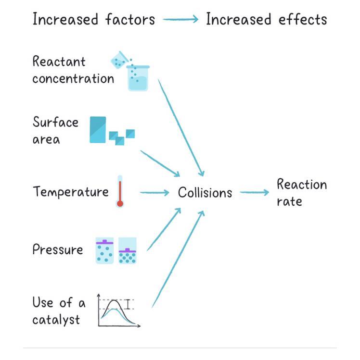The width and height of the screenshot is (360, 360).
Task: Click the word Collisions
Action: pyautogui.click(x=205, y=193)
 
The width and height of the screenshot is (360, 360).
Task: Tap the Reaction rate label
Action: pyautogui.click(x=301, y=192)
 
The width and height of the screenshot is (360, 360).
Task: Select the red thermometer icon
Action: pyautogui.click(x=120, y=192)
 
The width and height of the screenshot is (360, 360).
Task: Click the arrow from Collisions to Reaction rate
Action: pyautogui.click(x=254, y=193)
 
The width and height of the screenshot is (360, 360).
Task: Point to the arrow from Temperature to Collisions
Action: pyautogui.click(x=154, y=193)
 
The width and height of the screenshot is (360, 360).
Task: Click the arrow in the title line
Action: pyautogui.click(x=180, y=20)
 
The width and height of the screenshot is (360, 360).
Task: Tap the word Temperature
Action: pyautogui.click(x=71, y=192)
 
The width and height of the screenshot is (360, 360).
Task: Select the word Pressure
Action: pyautogui.click(x=58, y=249)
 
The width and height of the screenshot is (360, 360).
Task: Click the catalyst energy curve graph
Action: pyautogui.click(x=118, y=311)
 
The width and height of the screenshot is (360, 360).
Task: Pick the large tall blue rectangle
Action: pyautogui.click(x=98, y=129)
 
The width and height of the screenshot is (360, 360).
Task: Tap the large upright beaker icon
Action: pyautogui.click(x=138, y=78)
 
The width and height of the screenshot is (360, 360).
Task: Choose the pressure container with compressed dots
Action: pyautogui.click(x=128, y=250)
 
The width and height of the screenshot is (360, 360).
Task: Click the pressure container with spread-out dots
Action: pyautogui.click(x=104, y=250)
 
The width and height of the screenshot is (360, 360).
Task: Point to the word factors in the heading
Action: pyautogui.click(x=130, y=20)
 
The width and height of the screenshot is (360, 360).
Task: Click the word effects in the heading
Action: pyautogui.click(x=302, y=20)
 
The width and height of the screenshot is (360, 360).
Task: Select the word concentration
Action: pyautogui.click(x=73, y=78)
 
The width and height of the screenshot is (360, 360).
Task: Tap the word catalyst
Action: pyautogui.click(x=56, y=320)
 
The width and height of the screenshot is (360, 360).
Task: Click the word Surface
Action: pyautogui.click(x=55, y=123)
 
